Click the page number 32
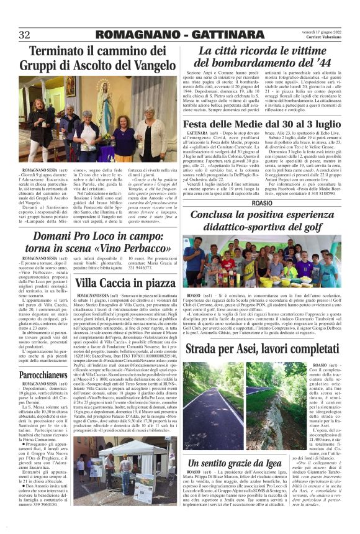[25, 35]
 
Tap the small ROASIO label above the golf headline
[262, 202]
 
